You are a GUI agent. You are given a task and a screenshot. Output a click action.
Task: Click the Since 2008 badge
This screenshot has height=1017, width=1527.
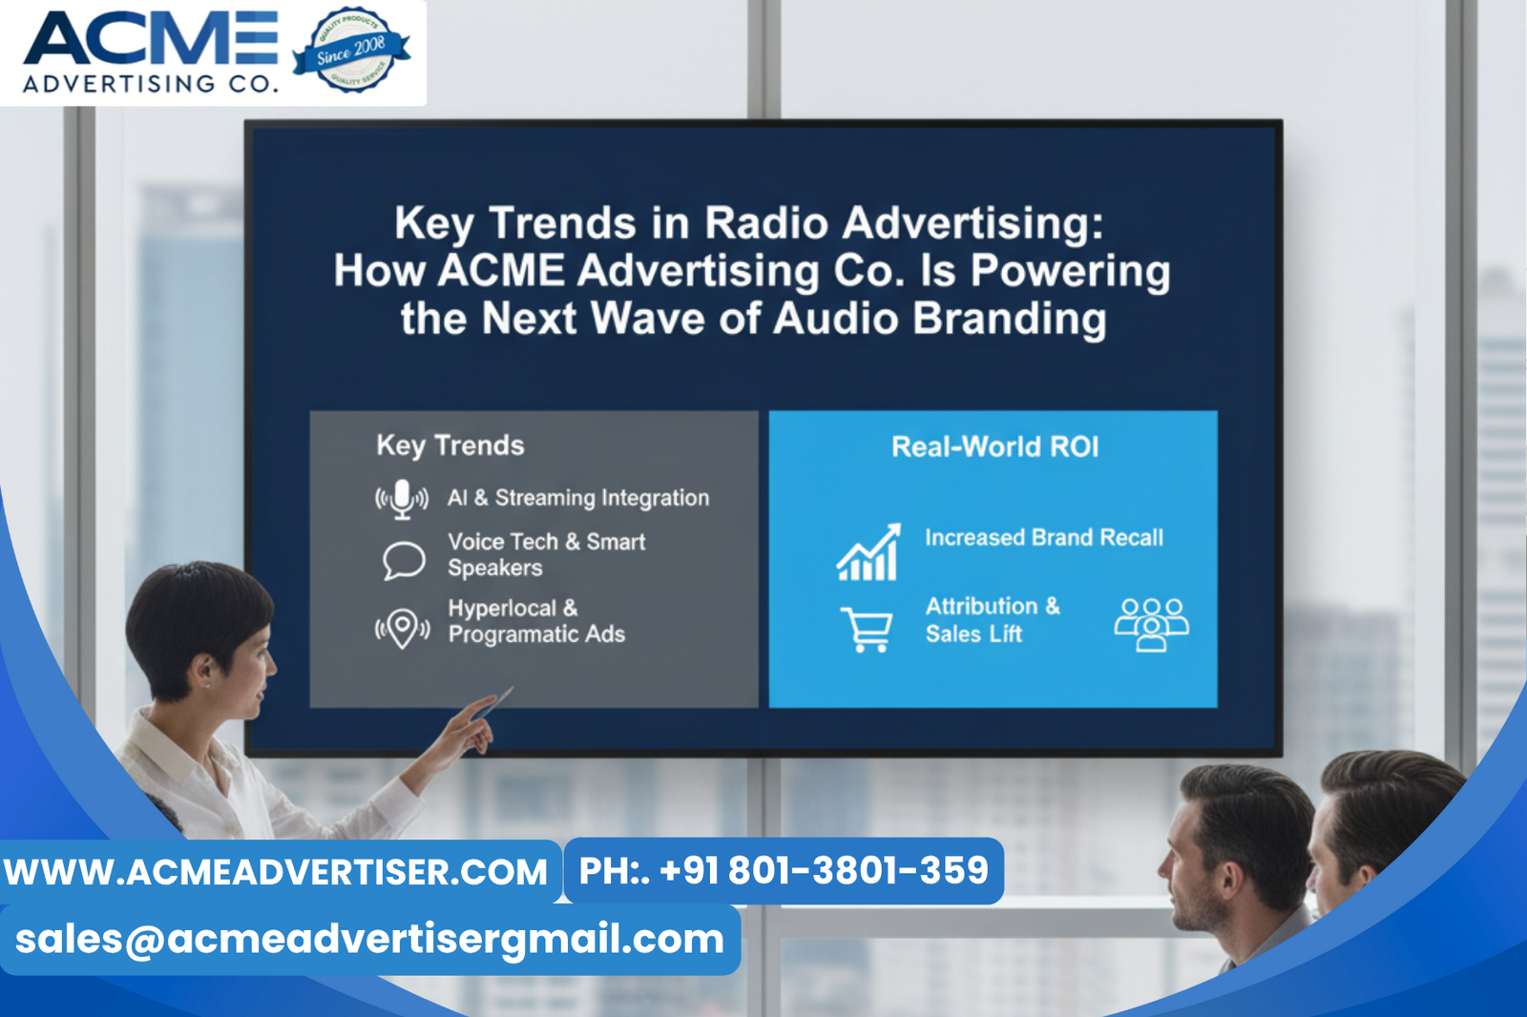click(351, 50)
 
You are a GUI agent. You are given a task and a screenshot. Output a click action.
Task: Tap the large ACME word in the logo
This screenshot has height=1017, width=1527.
click(151, 40)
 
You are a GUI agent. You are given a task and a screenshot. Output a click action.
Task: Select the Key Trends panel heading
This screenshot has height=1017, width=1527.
click(450, 446)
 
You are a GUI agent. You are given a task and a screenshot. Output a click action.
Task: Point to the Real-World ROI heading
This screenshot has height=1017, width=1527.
click(994, 446)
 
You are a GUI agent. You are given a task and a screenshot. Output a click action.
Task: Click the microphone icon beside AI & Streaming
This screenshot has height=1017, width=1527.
click(402, 499)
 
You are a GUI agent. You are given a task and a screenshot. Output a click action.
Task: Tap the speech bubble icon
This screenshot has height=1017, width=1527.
click(404, 560)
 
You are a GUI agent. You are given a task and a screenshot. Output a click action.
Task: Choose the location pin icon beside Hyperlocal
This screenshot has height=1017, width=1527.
click(402, 629)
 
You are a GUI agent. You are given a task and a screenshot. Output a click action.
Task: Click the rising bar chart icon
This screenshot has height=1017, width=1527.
click(868, 552)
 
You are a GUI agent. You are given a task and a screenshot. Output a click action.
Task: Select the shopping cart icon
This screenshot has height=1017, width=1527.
click(867, 630)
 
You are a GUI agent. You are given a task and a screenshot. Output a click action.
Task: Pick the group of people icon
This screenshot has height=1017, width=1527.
click(1151, 625)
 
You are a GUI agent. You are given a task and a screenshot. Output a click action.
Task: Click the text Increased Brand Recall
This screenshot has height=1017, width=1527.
click(1044, 538)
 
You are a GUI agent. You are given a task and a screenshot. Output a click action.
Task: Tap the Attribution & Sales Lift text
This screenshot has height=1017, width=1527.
click(993, 620)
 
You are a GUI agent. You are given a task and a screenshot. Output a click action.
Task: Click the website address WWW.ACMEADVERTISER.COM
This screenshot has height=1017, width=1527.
click(276, 872)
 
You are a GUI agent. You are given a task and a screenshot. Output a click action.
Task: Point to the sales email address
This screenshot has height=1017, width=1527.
click(369, 940)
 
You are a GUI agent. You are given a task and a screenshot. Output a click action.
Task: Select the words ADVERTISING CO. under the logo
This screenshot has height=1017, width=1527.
click(151, 84)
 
